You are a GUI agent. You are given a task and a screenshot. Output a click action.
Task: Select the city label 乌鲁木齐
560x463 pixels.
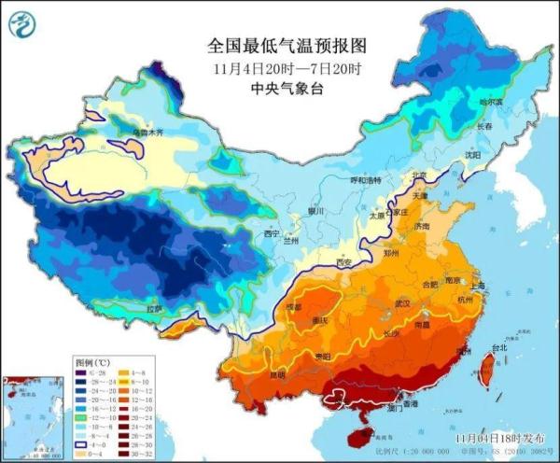click(x=147, y=133)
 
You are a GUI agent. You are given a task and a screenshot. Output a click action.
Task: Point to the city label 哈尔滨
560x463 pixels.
click(x=491, y=101)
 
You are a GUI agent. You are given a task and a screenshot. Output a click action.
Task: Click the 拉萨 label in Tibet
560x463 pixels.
click(x=152, y=308)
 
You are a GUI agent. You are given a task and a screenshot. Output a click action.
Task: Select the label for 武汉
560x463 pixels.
click(x=402, y=303)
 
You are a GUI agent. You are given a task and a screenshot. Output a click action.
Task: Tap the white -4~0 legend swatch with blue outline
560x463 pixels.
click(x=84, y=444)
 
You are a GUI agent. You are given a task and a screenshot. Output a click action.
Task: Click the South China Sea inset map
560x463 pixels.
click(x=32, y=415)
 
